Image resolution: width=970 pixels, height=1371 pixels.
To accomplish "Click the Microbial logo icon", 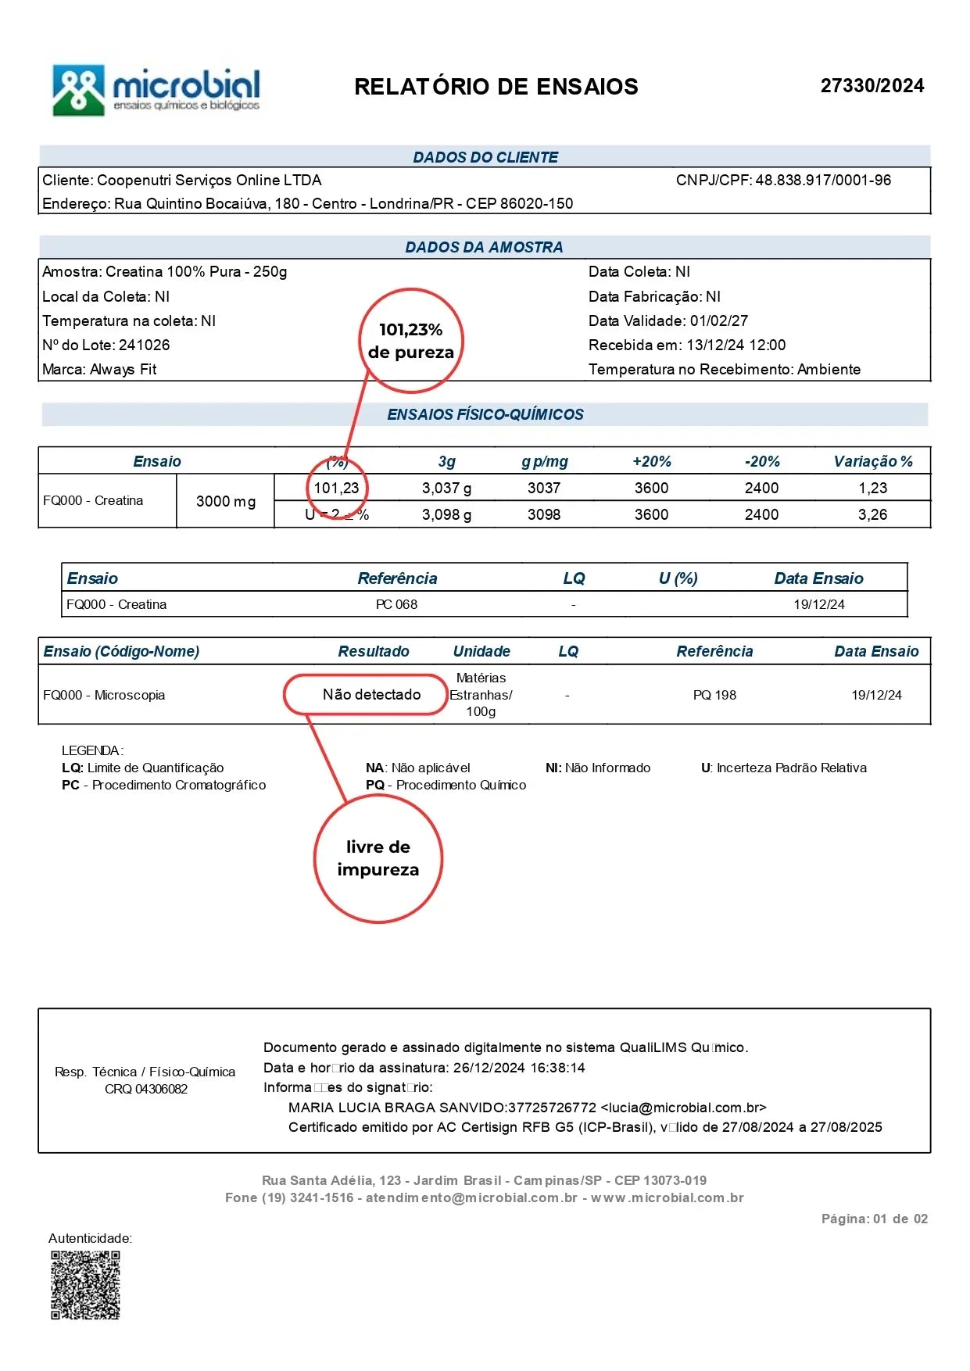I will tap(78, 90).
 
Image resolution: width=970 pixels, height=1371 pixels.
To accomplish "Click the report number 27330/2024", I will tap(872, 86).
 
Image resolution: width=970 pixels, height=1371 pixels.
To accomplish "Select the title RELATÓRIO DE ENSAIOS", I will tap(496, 87).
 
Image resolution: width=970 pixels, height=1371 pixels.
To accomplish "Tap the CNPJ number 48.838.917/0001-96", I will tap(822, 181).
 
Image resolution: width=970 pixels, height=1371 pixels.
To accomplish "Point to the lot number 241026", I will tap(144, 345).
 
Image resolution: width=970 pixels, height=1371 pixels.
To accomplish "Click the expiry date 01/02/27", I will tap(718, 321).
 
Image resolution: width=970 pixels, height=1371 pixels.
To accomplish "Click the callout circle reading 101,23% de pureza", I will tap(411, 341).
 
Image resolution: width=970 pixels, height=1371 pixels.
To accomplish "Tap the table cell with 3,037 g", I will tap(446, 489).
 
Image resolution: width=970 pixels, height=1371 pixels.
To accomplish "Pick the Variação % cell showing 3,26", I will tap(872, 515).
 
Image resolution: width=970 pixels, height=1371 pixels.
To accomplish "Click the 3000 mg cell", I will tap(225, 502).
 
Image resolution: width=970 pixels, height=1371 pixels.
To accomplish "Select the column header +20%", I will tap(651, 462).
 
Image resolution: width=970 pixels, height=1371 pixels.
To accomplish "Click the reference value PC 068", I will tap(396, 605).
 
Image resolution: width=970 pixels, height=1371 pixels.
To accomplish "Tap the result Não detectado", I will tap(371, 695).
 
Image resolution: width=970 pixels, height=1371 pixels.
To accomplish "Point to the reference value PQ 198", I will tap(714, 696).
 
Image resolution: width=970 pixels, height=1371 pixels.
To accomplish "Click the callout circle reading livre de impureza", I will tap(378, 859).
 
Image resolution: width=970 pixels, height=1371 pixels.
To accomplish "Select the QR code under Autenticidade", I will tap(86, 1286).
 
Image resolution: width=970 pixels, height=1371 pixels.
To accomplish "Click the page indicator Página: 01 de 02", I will tap(874, 1219).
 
